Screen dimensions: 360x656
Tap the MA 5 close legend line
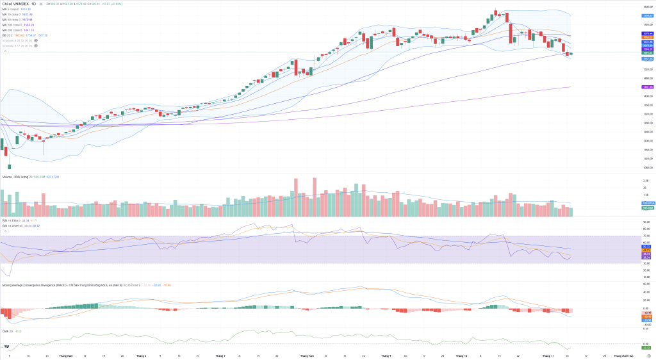tap(15, 10)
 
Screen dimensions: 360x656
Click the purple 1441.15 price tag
tap(647, 86)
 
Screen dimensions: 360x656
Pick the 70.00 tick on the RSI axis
tap(646, 236)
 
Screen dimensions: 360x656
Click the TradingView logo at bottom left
tap(7, 347)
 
